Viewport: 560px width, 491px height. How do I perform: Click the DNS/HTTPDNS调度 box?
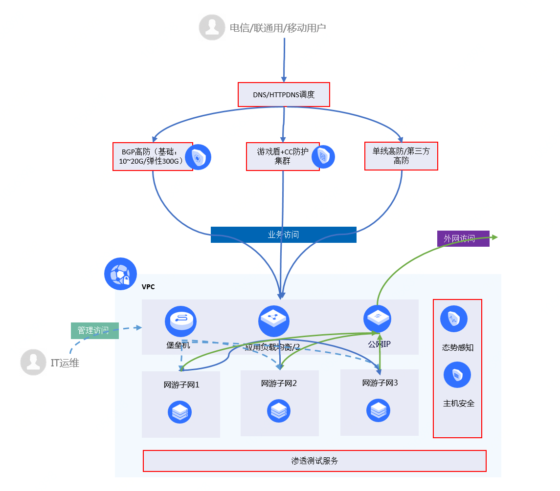click(x=284, y=94)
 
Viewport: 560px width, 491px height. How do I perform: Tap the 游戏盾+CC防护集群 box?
click(x=283, y=156)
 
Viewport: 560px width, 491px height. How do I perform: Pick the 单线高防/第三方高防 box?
click(x=401, y=156)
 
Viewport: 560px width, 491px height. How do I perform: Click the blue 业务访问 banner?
click(x=283, y=235)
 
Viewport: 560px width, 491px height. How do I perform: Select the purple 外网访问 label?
click(x=463, y=238)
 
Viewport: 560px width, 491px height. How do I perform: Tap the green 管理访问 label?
click(x=95, y=331)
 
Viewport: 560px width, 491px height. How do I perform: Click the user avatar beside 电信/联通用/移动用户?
click(x=212, y=27)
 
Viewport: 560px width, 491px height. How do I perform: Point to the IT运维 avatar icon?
click(x=33, y=362)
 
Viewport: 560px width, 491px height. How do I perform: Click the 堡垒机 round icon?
click(x=180, y=321)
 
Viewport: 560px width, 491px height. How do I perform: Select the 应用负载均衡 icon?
click(x=274, y=320)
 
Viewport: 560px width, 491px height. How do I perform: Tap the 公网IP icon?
click(x=377, y=319)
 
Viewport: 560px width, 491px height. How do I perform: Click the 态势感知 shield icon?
click(x=454, y=319)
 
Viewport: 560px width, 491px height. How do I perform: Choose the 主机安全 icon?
click(x=457, y=375)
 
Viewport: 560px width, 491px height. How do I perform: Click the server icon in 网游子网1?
click(x=180, y=412)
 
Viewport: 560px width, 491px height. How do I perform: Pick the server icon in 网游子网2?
click(x=279, y=411)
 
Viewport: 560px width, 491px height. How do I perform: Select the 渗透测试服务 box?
click(x=314, y=461)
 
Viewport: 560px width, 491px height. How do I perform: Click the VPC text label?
click(x=148, y=287)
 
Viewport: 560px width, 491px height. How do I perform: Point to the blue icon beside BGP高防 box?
click(x=198, y=157)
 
